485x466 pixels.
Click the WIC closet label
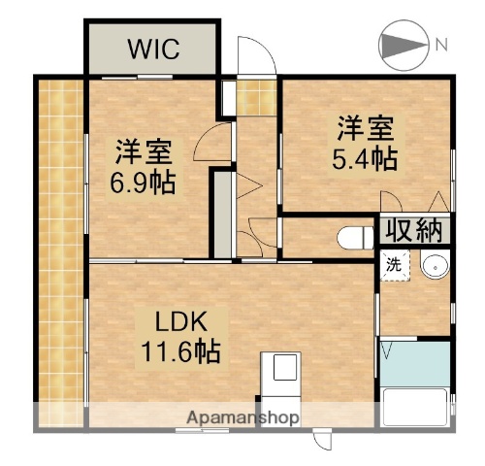click(151, 49)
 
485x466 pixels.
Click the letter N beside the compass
click(441, 44)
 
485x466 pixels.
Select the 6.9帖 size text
click(145, 183)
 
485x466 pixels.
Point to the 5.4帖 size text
click(366, 158)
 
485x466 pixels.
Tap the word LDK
click(178, 319)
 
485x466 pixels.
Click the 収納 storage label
click(414, 231)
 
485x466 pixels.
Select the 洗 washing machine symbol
click(395, 264)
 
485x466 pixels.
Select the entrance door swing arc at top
click(250, 54)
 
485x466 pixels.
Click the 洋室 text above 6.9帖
click(145, 152)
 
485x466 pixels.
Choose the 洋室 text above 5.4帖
click(366, 127)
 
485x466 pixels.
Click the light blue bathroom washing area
click(415, 362)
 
